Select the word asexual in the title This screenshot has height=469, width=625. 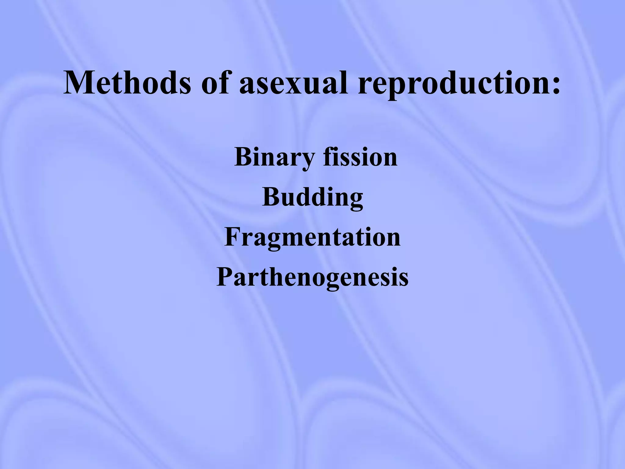click(x=293, y=82)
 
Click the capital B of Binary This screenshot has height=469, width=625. click(x=243, y=157)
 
